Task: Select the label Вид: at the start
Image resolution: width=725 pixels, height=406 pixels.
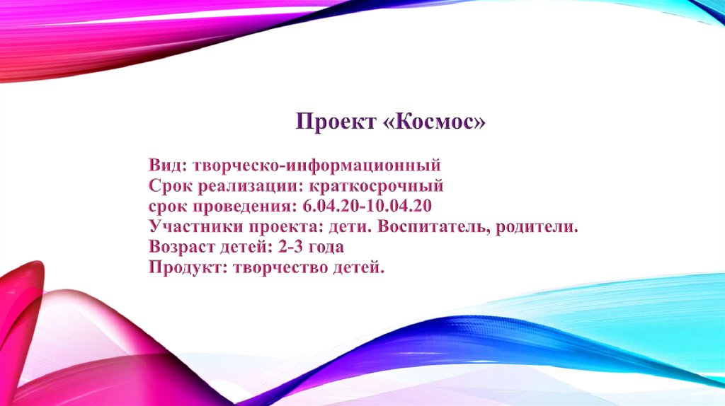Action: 168,166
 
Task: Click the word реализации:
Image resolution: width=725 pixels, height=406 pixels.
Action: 248,187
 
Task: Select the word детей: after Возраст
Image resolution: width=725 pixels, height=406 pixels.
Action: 244,248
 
